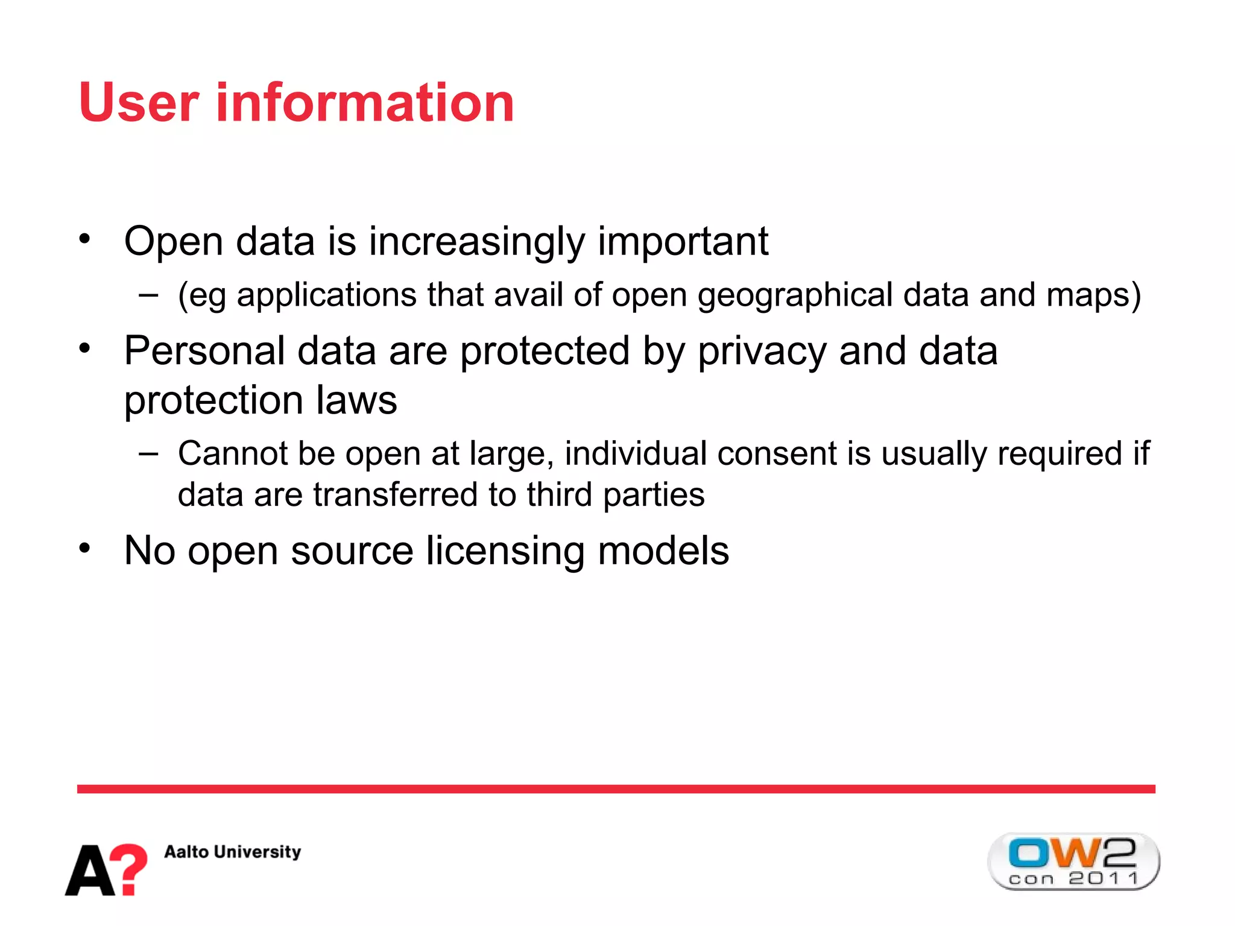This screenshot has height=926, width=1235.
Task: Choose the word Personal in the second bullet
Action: [204, 351]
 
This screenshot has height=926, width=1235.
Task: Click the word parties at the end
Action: [653, 496]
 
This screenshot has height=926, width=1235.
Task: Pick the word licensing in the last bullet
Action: [505, 552]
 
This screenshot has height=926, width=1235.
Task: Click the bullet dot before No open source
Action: [84, 549]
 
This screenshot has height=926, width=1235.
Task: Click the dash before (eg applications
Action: [148, 295]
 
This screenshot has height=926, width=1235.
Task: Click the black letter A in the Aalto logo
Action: [90, 872]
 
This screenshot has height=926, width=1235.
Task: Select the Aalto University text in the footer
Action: [232, 852]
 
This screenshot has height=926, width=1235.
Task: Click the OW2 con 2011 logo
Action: [1073, 861]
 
